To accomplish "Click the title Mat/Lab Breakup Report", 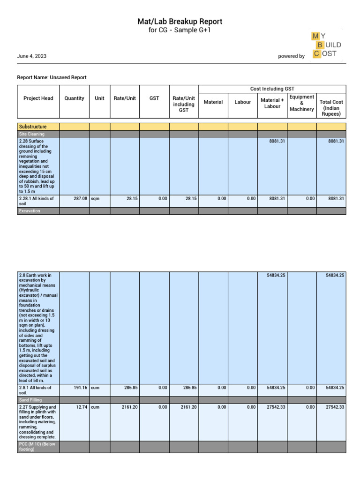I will coord(180,22).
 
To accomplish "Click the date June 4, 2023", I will coord(32,56).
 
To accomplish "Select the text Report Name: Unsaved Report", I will coord(52,77).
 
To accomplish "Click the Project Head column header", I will coord(38,98).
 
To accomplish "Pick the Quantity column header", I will coord(74,98).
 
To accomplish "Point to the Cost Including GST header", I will coord(272,89).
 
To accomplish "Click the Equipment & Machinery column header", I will coord(301,103).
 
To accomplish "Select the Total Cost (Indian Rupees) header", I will coord(331,108).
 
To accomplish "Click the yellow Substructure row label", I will coord(32,127).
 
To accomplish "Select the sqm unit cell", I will coord(96,199).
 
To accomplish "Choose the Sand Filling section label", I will coord(30,400).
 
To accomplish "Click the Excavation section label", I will coord(30,211).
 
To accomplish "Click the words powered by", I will coord(291,56).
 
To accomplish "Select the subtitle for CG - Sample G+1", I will coord(180,30).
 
